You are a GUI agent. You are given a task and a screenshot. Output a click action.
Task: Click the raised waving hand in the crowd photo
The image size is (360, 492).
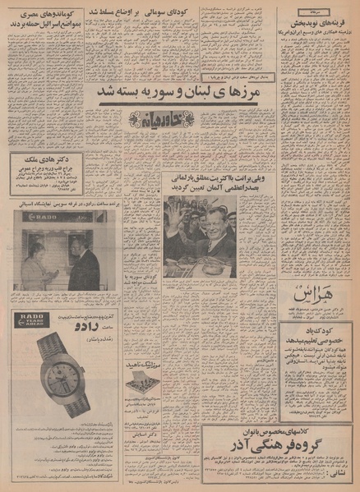(175, 211)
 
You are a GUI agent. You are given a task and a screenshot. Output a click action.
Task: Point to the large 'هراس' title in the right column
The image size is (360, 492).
(316, 294)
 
